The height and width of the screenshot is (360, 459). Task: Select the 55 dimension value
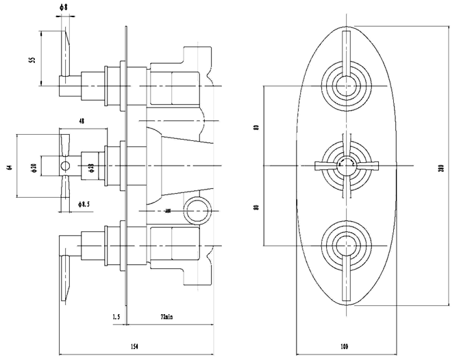click(32, 60)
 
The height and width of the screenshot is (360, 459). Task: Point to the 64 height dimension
click(10, 166)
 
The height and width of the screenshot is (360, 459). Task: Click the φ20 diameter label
click(34, 166)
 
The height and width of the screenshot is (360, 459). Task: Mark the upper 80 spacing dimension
click(256, 127)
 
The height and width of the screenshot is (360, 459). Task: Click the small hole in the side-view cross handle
click(66, 166)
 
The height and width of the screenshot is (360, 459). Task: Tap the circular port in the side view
click(197, 210)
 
